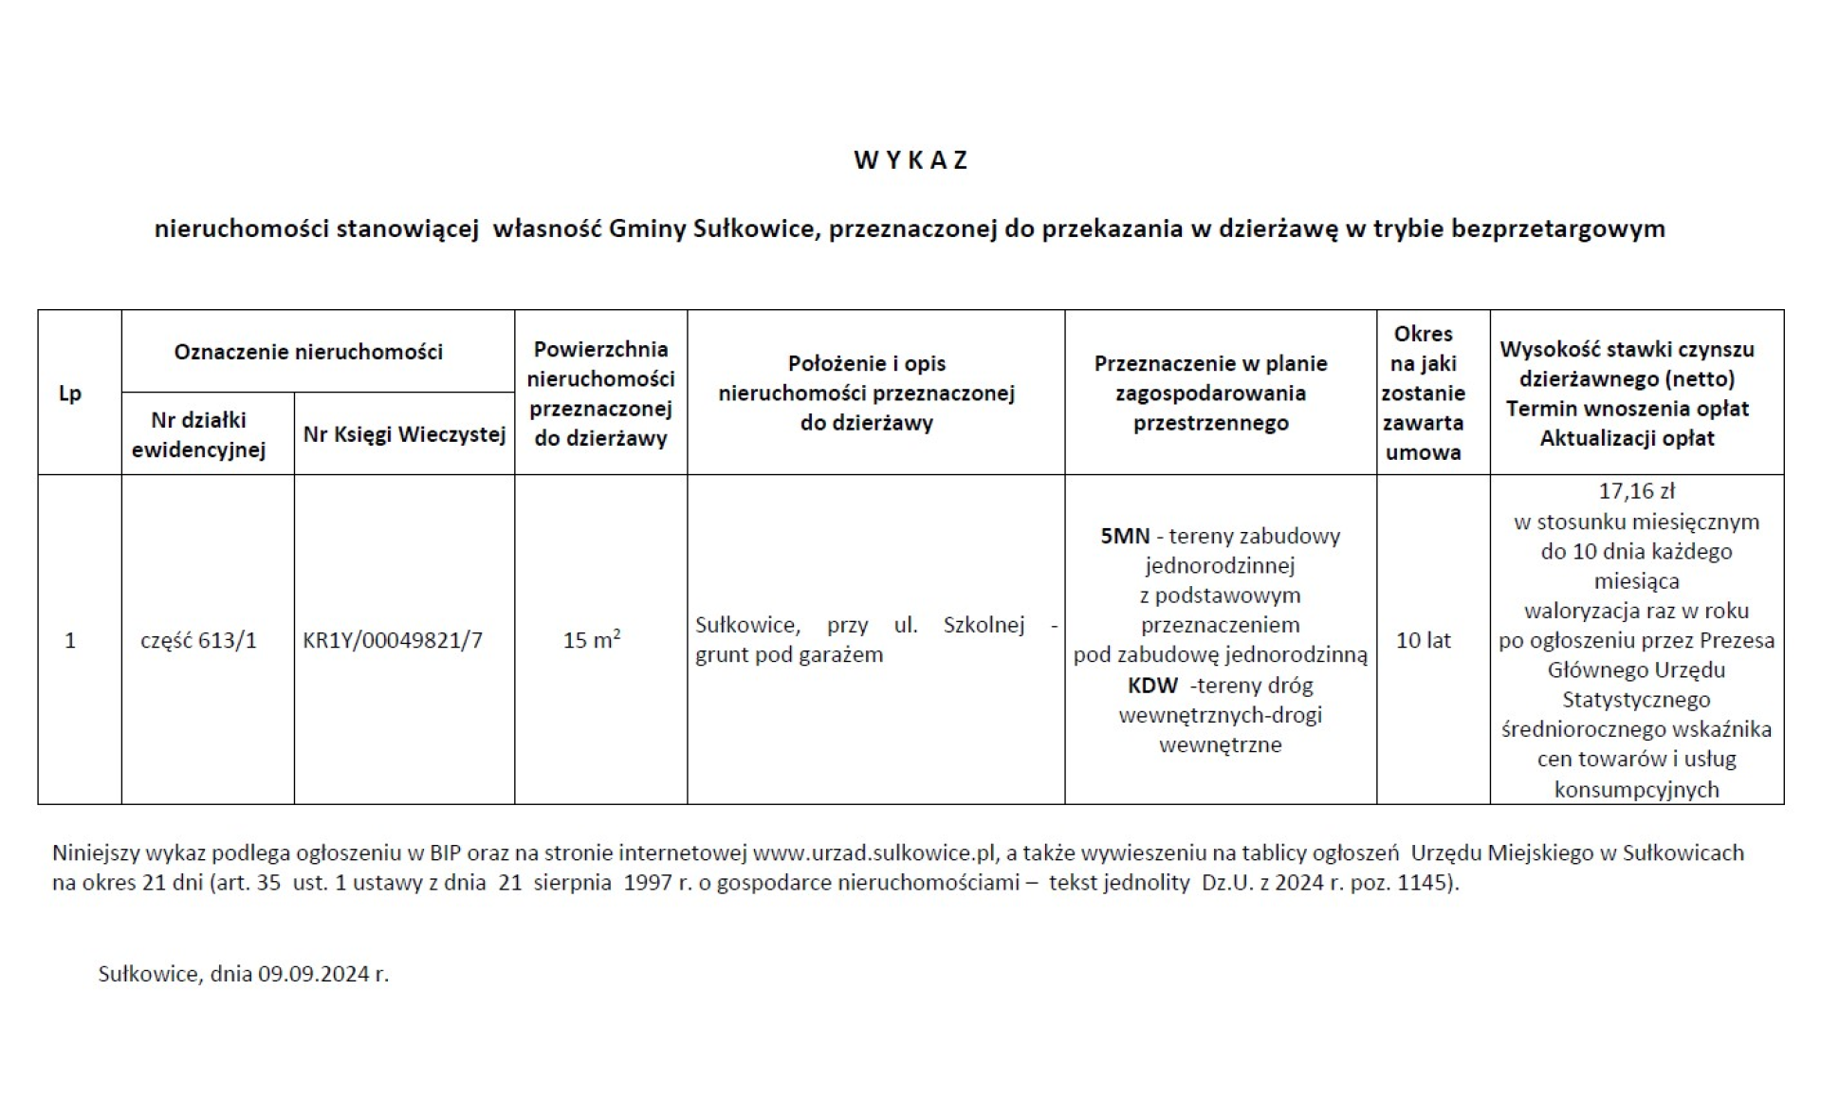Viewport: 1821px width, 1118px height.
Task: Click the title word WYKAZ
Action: coord(910,160)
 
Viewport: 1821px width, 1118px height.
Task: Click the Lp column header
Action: coord(70,394)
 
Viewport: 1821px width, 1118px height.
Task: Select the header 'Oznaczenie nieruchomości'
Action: coord(308,352)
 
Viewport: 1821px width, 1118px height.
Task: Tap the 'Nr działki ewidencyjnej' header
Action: coord(198,434)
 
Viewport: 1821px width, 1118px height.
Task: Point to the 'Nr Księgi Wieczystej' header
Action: coord(404,434)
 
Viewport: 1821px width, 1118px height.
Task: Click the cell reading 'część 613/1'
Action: coord(198,641)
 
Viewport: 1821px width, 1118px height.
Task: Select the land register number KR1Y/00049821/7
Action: coord(393,641)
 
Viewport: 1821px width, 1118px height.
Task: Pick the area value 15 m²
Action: coord(592,640)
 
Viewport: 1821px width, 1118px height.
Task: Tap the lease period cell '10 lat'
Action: coord(1423,641)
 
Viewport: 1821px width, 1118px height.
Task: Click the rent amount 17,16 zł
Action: coord(1636,491)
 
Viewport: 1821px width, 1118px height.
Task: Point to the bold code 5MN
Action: coord(1125,537)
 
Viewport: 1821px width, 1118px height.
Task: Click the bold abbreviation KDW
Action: coord(1152,686)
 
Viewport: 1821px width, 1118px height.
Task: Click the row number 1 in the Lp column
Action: coord(70,641)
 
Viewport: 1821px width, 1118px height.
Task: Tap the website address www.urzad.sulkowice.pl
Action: coord(874,852)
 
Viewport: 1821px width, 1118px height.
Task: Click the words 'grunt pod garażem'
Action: coord(789,655)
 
